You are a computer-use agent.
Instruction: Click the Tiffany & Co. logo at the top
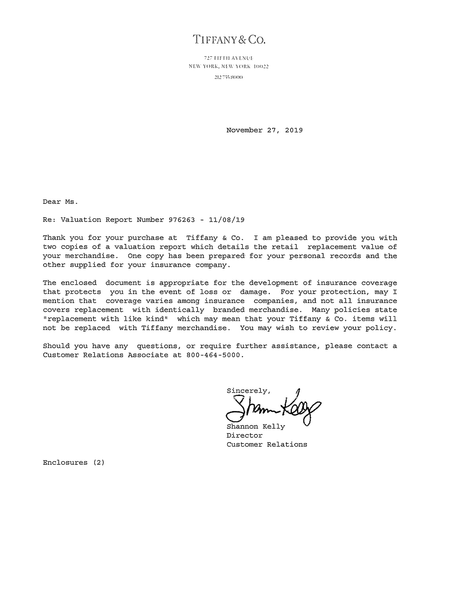tap(229, 39)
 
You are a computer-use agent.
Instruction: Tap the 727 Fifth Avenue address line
tap(229, 58)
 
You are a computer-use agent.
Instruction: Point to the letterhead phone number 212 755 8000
tap(229, 77)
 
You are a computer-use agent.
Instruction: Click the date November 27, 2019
tap(264, 130)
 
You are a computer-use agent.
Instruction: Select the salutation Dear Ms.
tap(60, 202)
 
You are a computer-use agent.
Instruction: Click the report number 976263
tap(181, 220)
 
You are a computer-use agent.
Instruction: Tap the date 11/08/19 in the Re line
tap(227, 220)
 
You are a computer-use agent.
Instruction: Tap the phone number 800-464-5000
tap(213, 355)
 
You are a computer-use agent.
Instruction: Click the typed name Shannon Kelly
tap(256, 426)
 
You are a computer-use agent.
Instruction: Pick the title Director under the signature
tap(244, 435)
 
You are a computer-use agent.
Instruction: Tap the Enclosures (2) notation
tap(74, 463)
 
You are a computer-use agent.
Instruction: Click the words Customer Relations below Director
tap(267, 445)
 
